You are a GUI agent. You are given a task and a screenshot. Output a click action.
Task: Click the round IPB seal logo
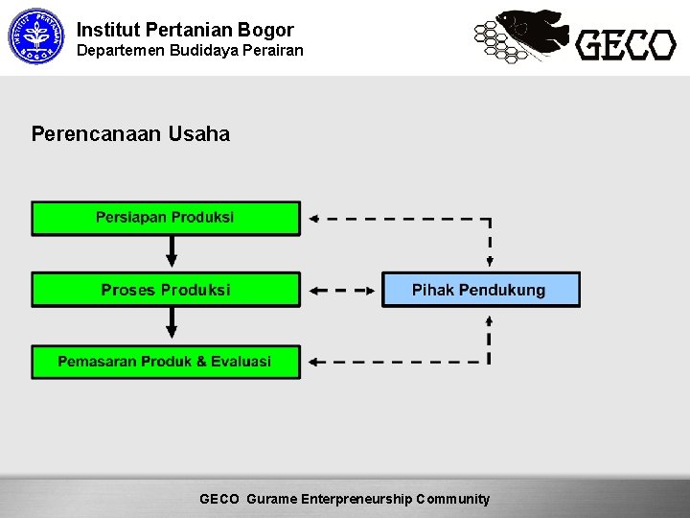tap(34, 36)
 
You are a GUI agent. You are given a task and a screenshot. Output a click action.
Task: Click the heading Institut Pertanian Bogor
tap(185, 30)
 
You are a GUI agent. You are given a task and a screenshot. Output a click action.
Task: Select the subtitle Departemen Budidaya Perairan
tap(190, 49)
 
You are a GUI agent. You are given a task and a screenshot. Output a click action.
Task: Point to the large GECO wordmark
tap(626, 44)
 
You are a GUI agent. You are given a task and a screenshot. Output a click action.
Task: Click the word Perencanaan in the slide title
tap(96, 134)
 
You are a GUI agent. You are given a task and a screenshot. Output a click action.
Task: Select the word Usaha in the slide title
tap(199, 134)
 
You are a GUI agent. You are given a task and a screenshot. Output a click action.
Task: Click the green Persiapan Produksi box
tap(166, 218)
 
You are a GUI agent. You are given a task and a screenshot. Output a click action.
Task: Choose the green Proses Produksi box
tap(166, 290)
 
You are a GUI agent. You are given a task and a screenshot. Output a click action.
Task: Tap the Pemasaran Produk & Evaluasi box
tap(166, 362)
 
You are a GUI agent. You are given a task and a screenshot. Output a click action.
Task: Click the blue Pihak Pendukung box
tap(480, 290)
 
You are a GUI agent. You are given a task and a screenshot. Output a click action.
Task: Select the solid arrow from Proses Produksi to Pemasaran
tap(172, 325)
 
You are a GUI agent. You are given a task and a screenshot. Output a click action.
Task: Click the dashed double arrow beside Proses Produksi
tap(342, 290)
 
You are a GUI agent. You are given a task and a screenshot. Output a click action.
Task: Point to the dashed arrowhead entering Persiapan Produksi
tap(313, 218)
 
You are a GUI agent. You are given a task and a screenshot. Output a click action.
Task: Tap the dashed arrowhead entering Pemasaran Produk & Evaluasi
tap(313, 362)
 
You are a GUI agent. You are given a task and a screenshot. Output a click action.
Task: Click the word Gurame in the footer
tap(272, 499)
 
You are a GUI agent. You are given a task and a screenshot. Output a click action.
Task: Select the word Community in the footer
tap(452, 499)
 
